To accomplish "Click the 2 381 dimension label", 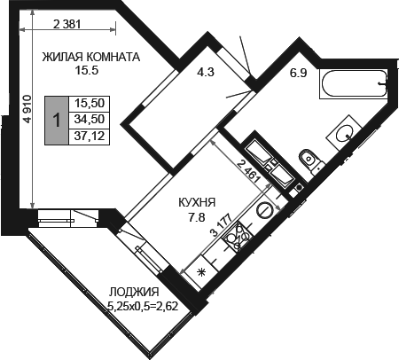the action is [67, 24].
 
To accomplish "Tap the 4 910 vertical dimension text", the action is [27, 109].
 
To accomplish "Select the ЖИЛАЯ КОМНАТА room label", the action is [90, 57].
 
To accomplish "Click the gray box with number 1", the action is [57, 121].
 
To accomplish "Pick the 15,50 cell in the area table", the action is [90, 104].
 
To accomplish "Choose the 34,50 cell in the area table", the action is [90, 120].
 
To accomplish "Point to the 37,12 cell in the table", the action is [90, 137].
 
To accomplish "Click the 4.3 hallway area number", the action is [206, 72].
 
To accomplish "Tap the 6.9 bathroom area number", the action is [298, 73].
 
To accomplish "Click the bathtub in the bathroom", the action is [353, 83].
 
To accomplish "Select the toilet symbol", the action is [312, 162].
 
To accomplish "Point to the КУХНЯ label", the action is [197, 203].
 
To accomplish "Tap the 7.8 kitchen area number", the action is [197, 217].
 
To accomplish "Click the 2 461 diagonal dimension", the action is [249, 171].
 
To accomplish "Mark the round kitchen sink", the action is [265, 209].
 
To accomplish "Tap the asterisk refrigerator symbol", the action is [201, 272].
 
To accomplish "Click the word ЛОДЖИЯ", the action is [134, 292].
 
